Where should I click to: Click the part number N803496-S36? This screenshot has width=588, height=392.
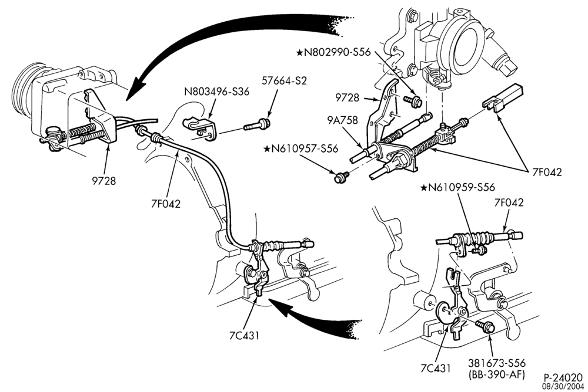(x=216, y=91)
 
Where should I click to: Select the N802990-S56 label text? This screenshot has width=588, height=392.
(x=337, y=52)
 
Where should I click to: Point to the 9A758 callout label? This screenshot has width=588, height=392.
(x=342, y=120)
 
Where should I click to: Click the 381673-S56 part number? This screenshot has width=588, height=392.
(x=496, y=363)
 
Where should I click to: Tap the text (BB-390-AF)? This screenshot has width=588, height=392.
(x=496, y=374)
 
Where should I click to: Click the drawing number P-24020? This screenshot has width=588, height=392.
(x=564, y=377)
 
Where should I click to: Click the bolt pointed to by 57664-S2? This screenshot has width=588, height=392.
(x=257, y=124)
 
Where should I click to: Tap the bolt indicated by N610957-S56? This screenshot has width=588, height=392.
(x=342, y=176)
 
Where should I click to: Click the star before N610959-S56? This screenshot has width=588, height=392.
(x=424, y=187)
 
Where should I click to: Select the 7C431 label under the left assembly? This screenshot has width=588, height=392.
(x=244, y=336)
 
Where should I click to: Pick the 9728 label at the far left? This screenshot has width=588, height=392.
(x=104, y=181)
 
